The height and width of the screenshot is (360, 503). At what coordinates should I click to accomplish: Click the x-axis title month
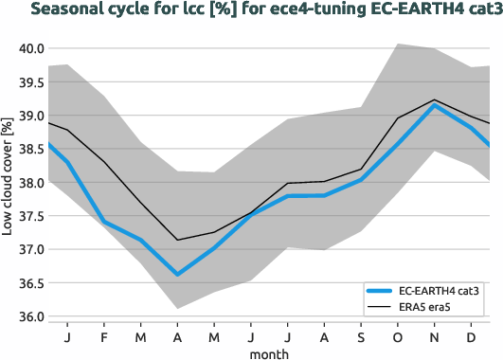point(269,352)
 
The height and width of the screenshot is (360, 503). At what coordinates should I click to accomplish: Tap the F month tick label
point(105,336)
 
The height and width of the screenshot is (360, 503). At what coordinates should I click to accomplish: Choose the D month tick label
point(472,336)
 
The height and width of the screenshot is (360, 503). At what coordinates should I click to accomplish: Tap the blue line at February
point(105,222)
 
